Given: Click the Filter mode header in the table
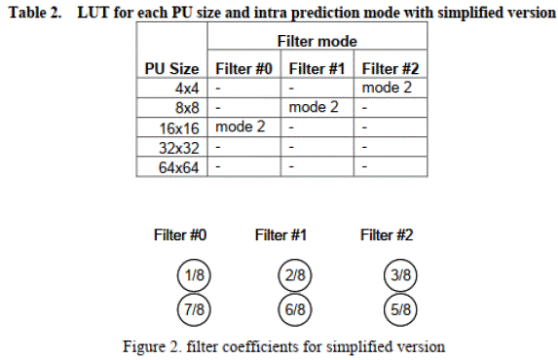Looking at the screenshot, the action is point(316,41).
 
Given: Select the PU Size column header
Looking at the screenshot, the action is point(171,69).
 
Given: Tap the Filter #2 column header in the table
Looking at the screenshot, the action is point(391,69).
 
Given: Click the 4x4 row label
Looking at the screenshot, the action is point(187,89).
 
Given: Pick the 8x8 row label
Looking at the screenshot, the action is point(187,108).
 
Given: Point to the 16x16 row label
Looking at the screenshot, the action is point(179,128).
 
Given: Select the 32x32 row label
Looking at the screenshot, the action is point(178,148).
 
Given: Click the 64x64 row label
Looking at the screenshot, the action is point(178,167).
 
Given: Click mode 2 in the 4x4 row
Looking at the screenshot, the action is point(387,88).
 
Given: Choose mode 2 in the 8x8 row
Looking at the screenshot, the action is point(314,107).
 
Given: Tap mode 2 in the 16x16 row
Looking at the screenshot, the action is point(241,126).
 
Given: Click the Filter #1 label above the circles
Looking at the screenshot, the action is point(280,235).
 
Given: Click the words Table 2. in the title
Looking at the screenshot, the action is point(35,13).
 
